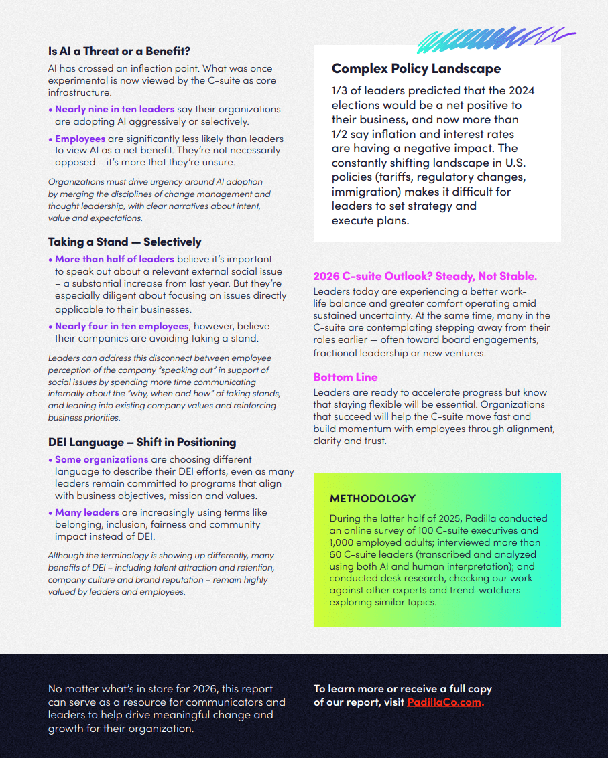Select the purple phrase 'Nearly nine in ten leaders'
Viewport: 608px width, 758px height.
(x=115, y=109)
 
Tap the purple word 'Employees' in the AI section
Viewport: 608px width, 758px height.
(x=80, y=139)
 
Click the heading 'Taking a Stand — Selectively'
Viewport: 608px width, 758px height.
(x=125, y=242)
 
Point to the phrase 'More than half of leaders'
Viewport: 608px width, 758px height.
(x=115, y=259)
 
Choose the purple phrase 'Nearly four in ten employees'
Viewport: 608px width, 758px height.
(x=122, y=326)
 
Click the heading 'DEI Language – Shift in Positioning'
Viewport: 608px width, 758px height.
(x=142, y=442)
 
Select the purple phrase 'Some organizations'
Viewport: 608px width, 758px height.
(x=102, y=459)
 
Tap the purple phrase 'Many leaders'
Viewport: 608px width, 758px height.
(x=87, y=512)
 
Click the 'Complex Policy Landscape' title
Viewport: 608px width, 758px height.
(x=416, y=68)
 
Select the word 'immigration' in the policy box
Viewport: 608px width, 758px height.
(x=363, y=192)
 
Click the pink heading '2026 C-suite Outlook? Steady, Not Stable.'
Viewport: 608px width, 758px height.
(x=425, y=276)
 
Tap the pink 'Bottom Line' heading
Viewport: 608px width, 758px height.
(x=345, y=377)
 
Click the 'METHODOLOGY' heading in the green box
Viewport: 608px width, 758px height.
(x=373, y=498)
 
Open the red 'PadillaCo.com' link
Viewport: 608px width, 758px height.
(x=444, y=702)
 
